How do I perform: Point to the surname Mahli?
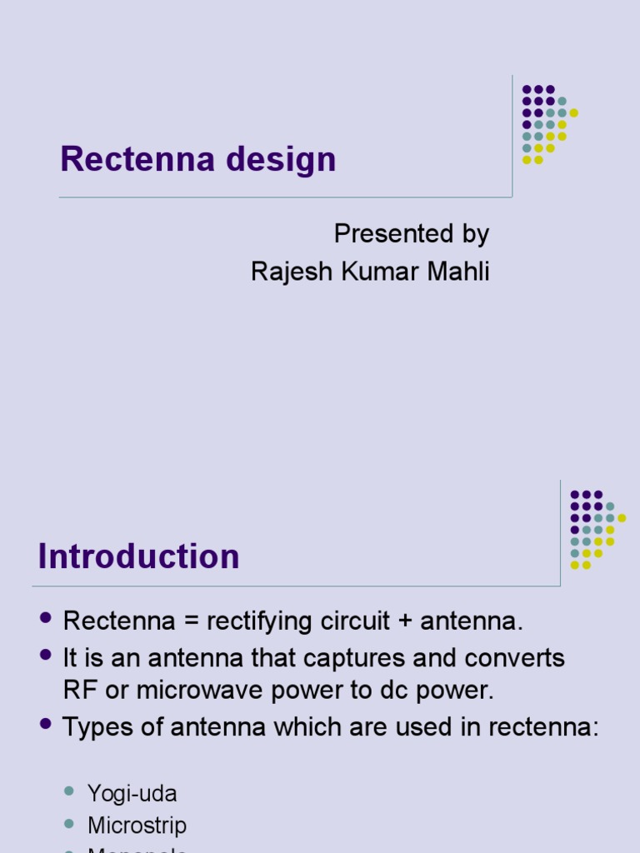coord(457,271)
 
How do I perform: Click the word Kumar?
coord(377,271)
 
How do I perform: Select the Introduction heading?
coord(138,556)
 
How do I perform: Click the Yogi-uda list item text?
coord(132,794)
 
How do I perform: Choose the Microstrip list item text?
coord(137,826)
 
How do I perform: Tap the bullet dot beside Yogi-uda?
coord(70,791)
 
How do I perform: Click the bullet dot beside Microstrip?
coord(70,823)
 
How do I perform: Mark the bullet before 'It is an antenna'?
coord(46,655)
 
